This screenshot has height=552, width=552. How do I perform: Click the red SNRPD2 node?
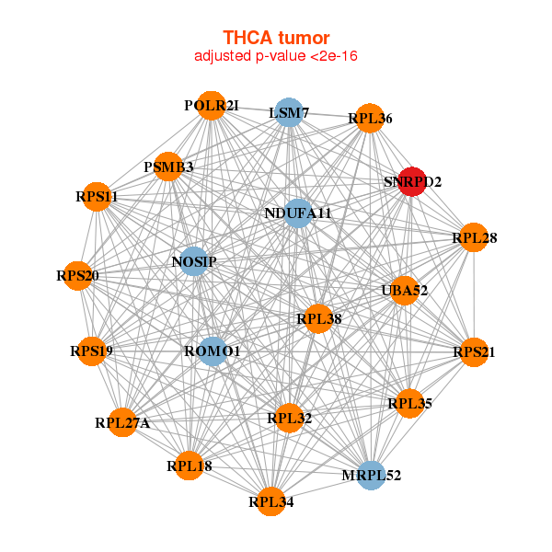click(x=411, y=181)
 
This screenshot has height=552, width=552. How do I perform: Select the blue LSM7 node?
click(x=289, y=112)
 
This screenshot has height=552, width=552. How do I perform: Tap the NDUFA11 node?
click(x=298, y=213)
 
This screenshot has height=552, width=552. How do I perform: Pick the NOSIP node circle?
click(x=193, y=261)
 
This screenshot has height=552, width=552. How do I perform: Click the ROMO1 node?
click(x=213, y=351)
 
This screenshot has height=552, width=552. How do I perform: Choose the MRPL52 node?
click(x=371, y=475)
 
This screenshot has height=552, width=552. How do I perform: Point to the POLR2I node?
click(x=212, y=106)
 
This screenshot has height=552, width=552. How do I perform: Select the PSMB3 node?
click(x=168, y=167)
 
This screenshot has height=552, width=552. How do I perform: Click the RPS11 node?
click(x=97, y=197)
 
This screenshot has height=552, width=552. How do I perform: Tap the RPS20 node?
click(x=77, y=275)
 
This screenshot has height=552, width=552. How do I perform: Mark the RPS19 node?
click(x=91, y=351)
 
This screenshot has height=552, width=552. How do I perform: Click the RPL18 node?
click(x=190, y=466)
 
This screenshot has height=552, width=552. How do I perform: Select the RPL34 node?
click(x=270, y=501)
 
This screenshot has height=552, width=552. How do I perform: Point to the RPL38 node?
click(x=319, y=319)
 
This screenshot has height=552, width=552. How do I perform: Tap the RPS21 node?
click(x=473, y=352)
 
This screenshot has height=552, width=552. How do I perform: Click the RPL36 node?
click(x=370, y=118)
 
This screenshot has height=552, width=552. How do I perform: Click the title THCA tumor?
click(x=276, y=38)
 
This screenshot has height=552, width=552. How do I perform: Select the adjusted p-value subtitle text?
click(x=276, y=56)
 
